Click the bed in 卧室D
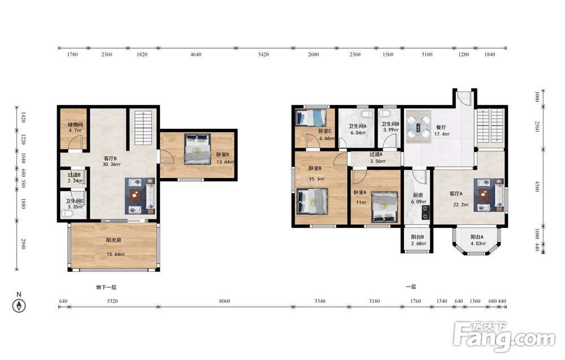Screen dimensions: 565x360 tap(197, 149)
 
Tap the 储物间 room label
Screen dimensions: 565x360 tap(75, 124)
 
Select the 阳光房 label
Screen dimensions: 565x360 tap(114, 240)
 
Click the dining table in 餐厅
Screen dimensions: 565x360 tap(418, 127)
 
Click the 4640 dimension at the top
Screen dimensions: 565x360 tap(195, 54)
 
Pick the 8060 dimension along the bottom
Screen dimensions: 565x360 tap(224, 301)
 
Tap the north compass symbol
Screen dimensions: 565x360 tap(19, 306)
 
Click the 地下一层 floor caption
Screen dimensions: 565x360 tap(106, 287)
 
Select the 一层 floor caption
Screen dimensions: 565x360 tap(411, 287)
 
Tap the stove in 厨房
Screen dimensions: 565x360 tap(426, 212)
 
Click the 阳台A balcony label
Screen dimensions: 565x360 tap(477, 237)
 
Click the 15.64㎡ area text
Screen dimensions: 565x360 tap(115, 254)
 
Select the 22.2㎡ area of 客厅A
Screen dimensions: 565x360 tap(461, 205)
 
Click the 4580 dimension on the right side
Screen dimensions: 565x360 tap(537, 186)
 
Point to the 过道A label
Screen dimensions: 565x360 tap(376, 154)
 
